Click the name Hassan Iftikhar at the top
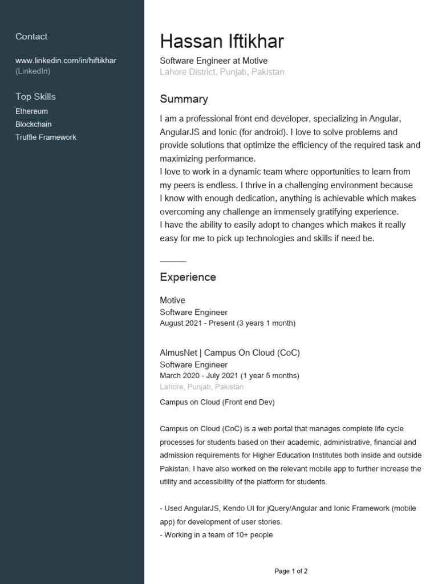click(221, 42)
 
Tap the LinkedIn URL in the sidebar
click(66, 60)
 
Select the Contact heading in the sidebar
click(31, 36)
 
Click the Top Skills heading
click(35, 96)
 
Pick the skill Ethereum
click(31, 111)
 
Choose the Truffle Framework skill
click(46, 137)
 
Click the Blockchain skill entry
click(33, 124)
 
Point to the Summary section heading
click(184, 99)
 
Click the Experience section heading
click(188, 277)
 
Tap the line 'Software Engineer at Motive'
click(213, 60)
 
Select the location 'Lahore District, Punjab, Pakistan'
click(222, 72)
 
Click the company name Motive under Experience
click(172, 300)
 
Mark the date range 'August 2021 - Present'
click(228, 323)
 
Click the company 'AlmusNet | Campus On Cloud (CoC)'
click(229, 352)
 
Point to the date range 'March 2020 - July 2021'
click(229, 376)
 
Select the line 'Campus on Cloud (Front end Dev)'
click(217, 403)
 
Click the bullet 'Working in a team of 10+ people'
click(216, 535)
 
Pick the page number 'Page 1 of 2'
click(291, 571)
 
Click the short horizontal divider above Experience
click(173, 261)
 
